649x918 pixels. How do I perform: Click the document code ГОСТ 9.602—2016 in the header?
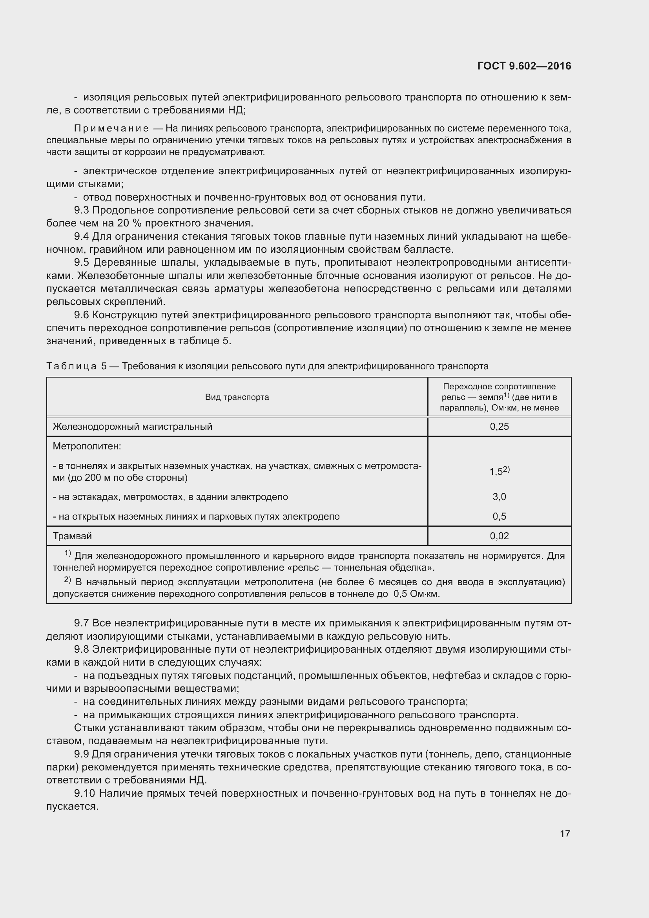(x=524, y=66)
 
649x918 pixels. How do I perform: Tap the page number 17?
(x=565, y=834)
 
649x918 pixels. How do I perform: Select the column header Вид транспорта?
(x=237, y=397)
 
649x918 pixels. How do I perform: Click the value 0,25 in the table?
(x=499, y=427)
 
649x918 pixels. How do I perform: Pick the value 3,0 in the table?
(x=499, y=496)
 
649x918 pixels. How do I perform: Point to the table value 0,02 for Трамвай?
(x=499, y=536)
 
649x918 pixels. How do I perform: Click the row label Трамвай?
(x=72, y=536)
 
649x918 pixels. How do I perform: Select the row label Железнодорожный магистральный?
(x=132, y=427)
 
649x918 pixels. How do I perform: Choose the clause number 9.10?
(x=85, y=793)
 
